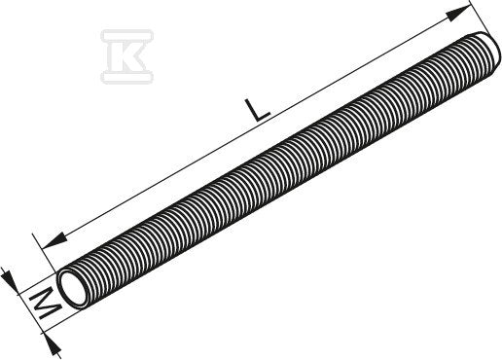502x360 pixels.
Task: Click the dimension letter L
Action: [257, 112]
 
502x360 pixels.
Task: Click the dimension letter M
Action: [45, 304]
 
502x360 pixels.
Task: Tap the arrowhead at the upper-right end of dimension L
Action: [458, 14]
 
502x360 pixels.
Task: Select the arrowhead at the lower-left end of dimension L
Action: [54, 241]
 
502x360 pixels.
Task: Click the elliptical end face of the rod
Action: [74, 289]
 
